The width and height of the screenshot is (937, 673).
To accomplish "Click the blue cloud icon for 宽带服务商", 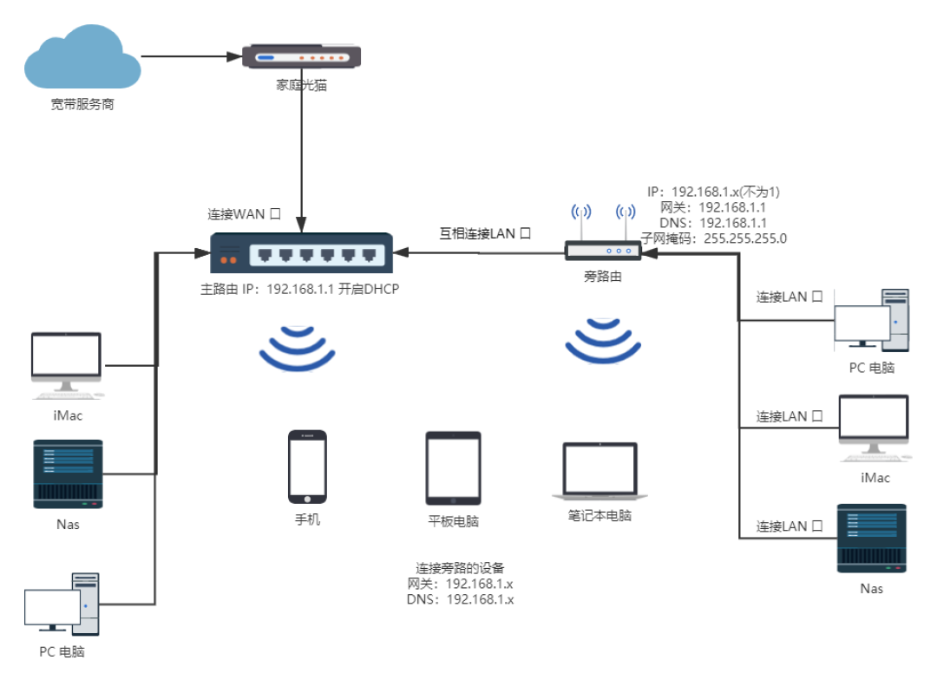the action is (x=82, y=56).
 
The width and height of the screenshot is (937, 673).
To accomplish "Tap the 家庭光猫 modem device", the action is (x=301, y=56).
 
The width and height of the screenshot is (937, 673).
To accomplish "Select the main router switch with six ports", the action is (x=301, y=253).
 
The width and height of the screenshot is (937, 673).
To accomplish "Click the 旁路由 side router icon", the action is (x=603, y=251).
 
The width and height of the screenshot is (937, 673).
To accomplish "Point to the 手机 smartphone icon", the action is (x=307, y=467).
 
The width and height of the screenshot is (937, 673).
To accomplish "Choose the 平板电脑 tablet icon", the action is (x=453, y=469).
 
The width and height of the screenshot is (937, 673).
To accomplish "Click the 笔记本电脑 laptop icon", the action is (x=600, y=471).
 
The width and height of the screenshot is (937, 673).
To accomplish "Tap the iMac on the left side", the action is (x=67, y=365).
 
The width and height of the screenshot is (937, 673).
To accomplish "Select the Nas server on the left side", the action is (x=69, y=474).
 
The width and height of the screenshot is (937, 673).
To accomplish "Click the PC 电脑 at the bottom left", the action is (x=62, y=604).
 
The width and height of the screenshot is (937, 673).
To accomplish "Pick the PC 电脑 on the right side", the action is (x=872, y=321).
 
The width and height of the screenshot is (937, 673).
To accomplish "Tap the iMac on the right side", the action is (x=875, y=428).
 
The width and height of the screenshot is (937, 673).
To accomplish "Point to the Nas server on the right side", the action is (x=872, y=539).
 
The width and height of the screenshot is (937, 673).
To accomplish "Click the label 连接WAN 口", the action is (x=244, y=214).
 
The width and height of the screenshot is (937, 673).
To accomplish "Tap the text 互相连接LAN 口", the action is (x=485, y=233).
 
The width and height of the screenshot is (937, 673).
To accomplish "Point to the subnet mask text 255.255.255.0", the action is (x=745, y=238).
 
